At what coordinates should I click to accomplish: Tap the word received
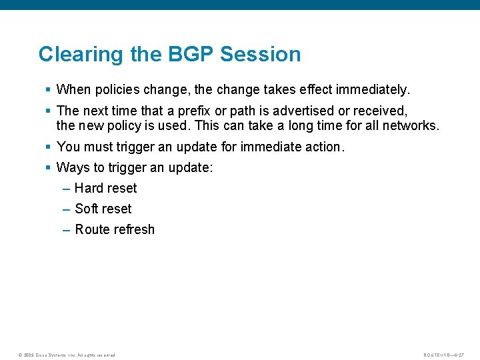pyautogui.click(x=379, y=110)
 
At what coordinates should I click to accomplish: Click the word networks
pyautogui.click(x=412, y=126)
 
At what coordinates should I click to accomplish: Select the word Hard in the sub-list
pyautogui.click(x=89, y=188)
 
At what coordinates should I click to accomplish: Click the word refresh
pyautogui.click(x=133, y=229)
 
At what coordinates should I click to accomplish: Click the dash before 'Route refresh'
pyautogui.click(x=66, y=230)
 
